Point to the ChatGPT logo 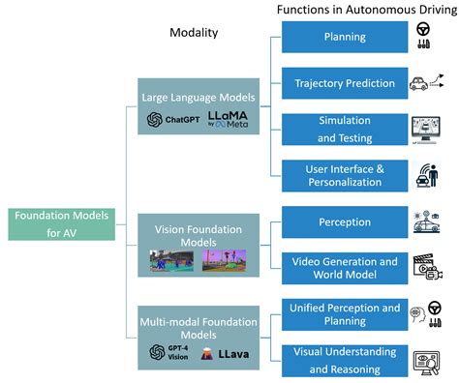click(169, 120)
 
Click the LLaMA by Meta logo click(228, 119)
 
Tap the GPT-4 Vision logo click(168, 352)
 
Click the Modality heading click(194, 33)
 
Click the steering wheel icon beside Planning click(423, 31)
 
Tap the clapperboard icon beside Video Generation click(426, 268)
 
